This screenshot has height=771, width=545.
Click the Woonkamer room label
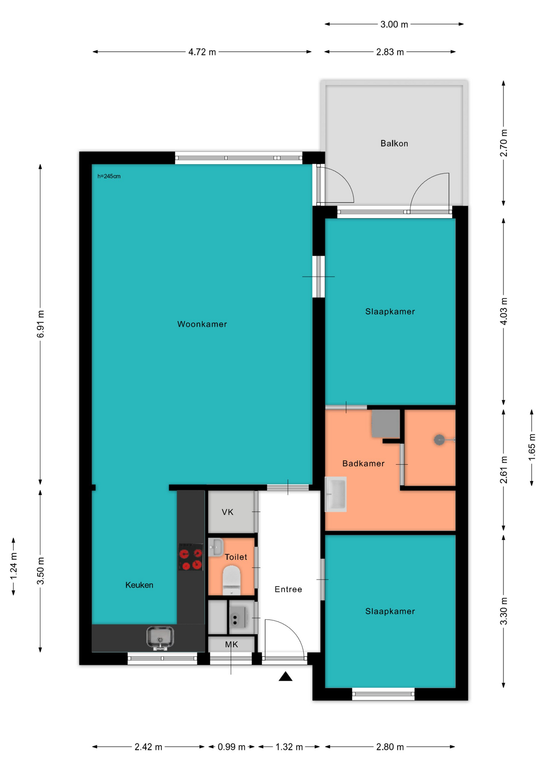pos(202,324)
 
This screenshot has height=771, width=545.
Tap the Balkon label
pos(394,143)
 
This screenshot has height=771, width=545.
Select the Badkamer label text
pos(363,463)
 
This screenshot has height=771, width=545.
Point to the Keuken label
pos(139,585)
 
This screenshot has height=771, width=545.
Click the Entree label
pos(288,589)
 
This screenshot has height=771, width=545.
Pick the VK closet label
pos(228,512)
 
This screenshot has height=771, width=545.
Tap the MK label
pos(232,645)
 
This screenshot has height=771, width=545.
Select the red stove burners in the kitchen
pos(191,557)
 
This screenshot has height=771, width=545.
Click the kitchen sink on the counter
pos(160,638)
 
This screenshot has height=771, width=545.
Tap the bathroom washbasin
pos(336,494)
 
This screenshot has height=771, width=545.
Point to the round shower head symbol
pos(439,440)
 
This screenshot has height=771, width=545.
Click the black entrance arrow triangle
pos(285,677)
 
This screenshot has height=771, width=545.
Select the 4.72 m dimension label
pos(202,52)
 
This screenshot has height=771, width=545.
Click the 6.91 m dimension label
pos(41,324)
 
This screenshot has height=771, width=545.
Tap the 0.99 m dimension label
pos(232,747)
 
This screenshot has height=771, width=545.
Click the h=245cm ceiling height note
pos(109,176)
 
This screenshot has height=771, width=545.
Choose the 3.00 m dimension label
pos(394,24)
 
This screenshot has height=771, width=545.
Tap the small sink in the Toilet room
pos(216,547)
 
